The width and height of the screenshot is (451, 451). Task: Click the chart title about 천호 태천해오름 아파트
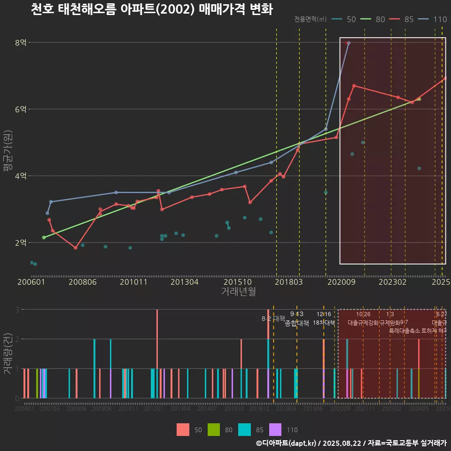point(151,9)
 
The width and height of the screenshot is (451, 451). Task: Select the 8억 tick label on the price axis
point(21,43)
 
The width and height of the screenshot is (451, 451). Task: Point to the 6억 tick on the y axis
point(21,109)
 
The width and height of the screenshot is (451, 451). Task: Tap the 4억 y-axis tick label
point(21,176)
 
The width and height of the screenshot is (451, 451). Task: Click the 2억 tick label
point(21,242)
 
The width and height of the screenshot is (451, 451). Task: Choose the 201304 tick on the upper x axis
point(184,282)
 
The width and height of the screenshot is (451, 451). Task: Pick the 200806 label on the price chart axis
point(83,282)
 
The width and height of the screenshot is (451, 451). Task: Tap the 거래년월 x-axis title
point(238,292)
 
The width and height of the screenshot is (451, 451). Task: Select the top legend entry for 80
point(373,19)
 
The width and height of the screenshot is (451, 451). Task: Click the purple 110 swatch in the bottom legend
point(275,429)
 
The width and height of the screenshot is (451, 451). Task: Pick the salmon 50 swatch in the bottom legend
point(183,429)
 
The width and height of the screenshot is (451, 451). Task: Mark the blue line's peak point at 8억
point(348,43)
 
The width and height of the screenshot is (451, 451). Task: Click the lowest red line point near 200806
point(76,248)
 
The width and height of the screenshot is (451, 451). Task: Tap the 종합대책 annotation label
point(297,323)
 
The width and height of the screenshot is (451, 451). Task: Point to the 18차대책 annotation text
point(324,323)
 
